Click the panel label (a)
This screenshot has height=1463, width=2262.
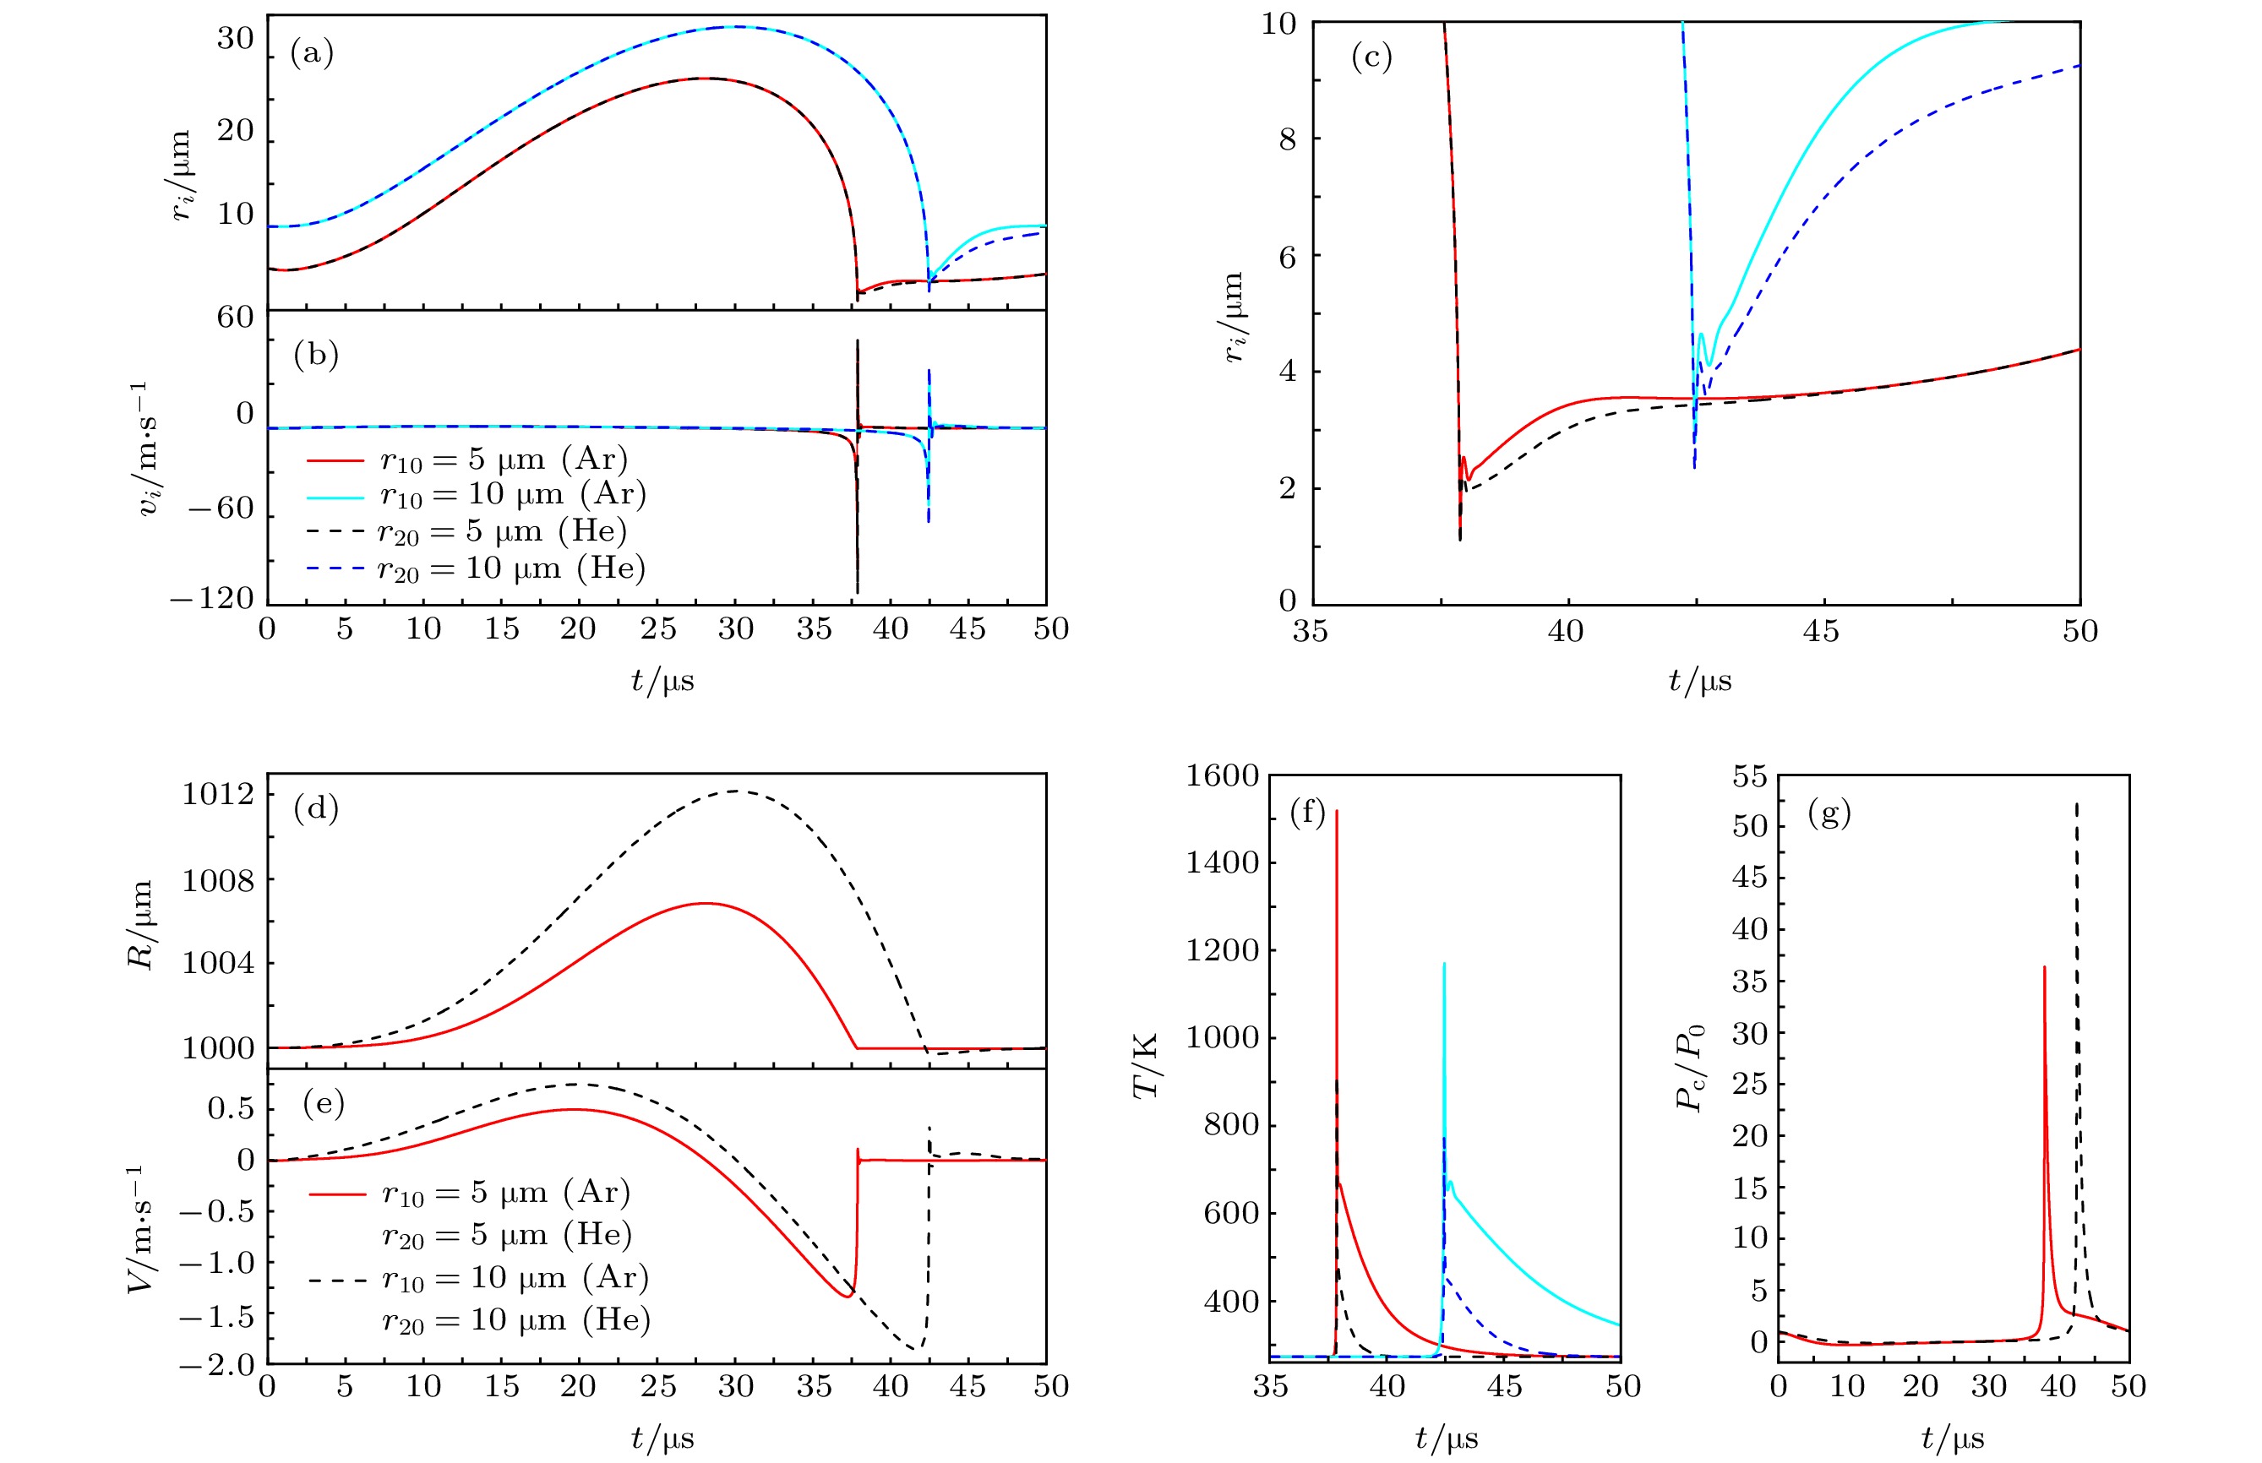(x=312, y=53)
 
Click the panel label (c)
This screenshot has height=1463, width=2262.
(x=1371, y=58)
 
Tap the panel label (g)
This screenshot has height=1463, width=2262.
(x=1829, y=813)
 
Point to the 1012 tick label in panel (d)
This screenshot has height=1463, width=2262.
(x=219, y=793)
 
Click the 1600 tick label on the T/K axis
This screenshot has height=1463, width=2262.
(x=1222, y=776)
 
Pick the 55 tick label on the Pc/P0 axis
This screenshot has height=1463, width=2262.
(x=1749, y=776)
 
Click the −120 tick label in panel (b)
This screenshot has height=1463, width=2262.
(x=212, y=599)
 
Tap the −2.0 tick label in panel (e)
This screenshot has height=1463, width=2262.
(x=215, y=1365)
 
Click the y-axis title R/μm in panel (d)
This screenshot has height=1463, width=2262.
(x=140, y=923)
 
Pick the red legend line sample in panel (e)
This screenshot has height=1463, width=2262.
(x=336, y=1194)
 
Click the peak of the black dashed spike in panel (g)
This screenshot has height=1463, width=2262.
(x=2077, y=803)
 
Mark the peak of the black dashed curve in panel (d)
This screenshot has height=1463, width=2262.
(x=737, y=791)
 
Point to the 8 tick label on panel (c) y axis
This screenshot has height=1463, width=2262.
(x=1287, y=139)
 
